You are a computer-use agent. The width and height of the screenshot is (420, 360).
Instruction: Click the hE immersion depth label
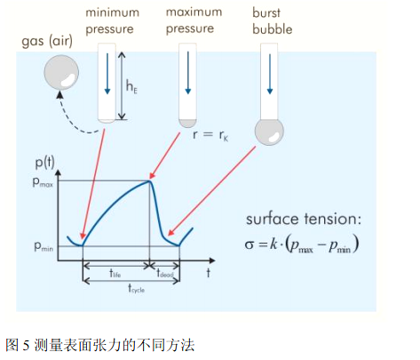(x=131, y=88)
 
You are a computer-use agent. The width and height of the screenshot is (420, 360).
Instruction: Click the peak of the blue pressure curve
(x=151, y=181)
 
